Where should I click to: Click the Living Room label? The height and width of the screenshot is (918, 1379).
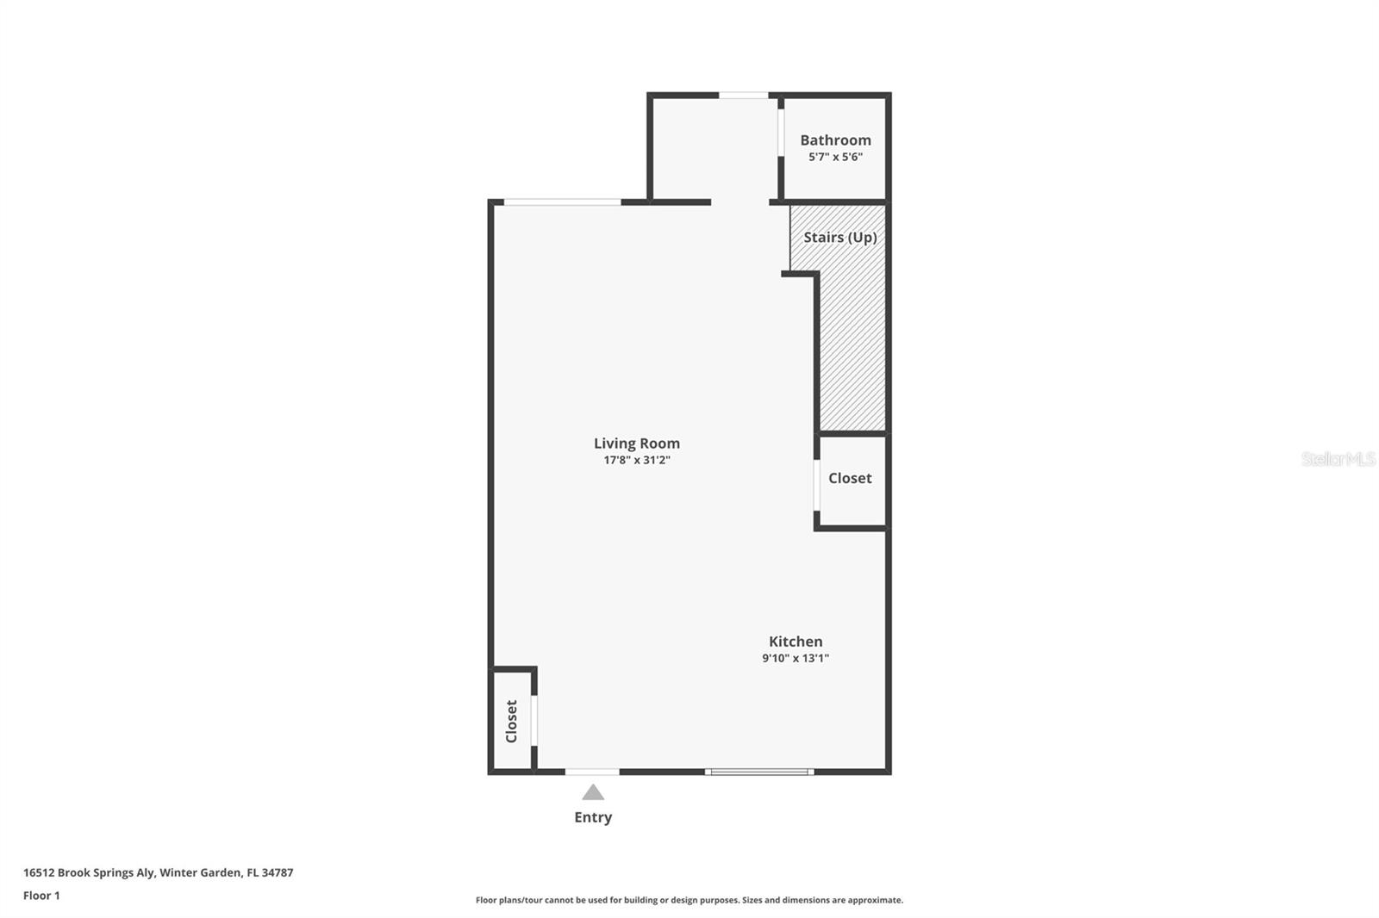636,443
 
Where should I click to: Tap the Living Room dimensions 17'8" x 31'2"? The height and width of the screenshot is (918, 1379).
636,461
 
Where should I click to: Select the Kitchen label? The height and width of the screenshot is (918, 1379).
796,642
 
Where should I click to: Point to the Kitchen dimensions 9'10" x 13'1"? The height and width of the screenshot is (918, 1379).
796,659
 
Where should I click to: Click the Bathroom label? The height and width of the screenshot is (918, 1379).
835,140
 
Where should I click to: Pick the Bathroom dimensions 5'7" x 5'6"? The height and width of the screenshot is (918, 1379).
835,158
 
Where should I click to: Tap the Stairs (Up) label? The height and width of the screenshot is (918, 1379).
839,238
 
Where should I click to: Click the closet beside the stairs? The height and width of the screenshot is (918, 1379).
850,479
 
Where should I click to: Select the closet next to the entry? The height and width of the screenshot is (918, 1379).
511,721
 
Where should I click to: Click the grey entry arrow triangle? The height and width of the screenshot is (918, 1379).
593,792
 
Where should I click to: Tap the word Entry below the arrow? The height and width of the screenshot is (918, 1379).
593,817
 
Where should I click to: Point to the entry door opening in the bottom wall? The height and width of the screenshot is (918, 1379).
592,772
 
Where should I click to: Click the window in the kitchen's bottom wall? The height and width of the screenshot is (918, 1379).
759,772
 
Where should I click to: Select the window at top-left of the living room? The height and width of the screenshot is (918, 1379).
562,202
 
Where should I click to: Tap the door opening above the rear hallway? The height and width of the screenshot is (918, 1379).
744,96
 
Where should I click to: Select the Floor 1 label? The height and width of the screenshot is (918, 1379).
41,896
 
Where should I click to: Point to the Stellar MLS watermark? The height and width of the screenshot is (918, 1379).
1338,459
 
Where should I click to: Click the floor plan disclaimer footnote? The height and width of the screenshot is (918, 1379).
689,900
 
